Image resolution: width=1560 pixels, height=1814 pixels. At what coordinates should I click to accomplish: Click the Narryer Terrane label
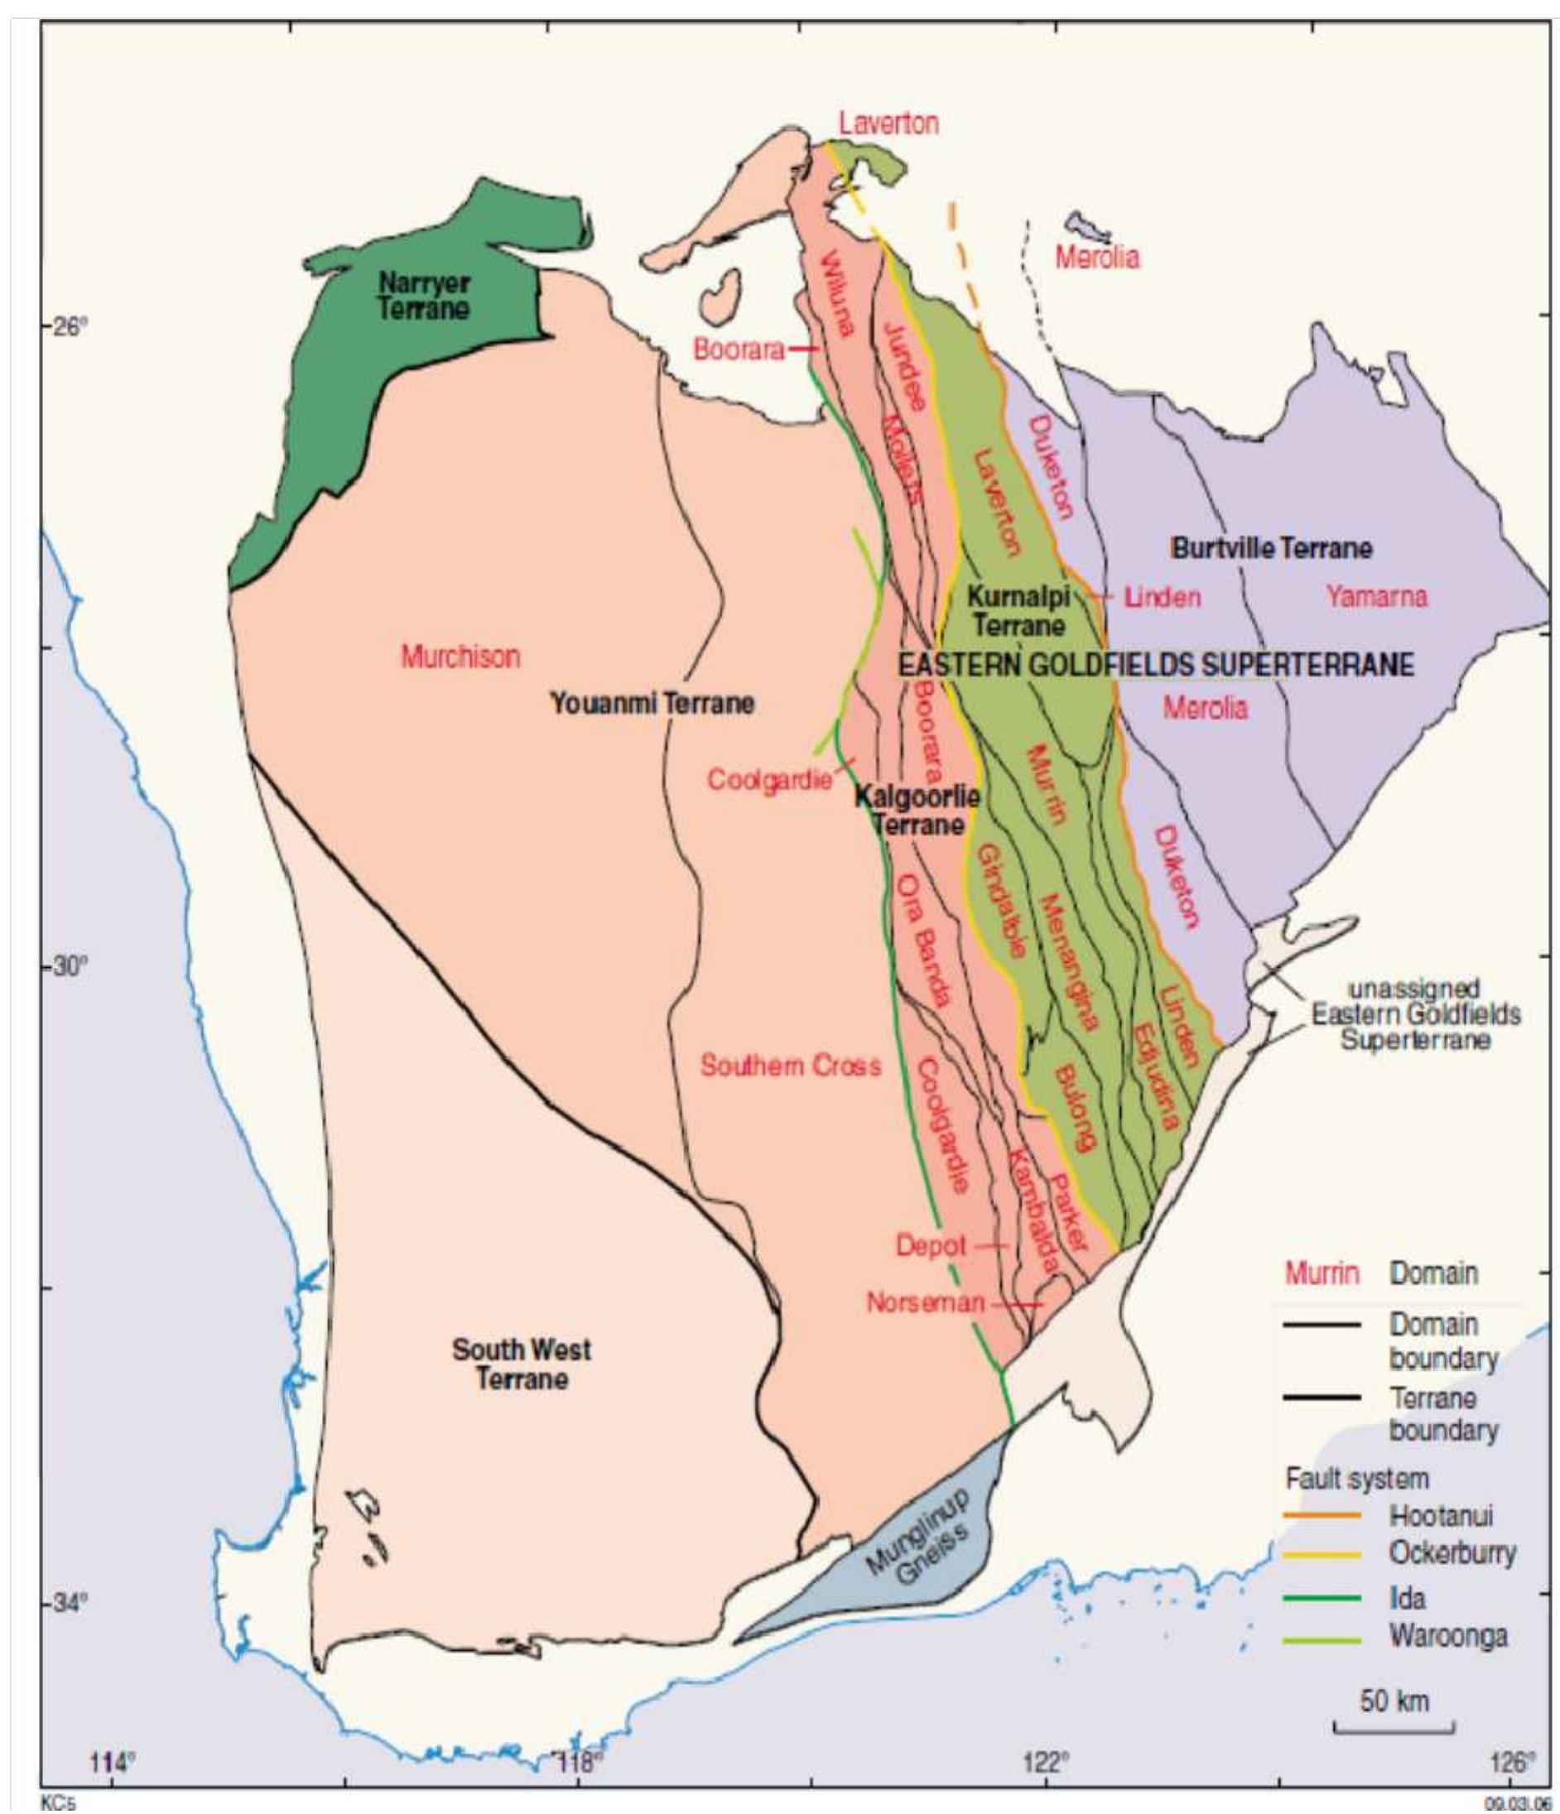(424, 295)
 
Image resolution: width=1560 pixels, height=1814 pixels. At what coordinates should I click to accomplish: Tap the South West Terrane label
(522, 1364)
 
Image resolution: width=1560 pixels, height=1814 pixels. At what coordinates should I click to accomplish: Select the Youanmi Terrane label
(652, 703)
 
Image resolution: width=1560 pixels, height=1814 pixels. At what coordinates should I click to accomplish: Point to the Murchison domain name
(460, 656)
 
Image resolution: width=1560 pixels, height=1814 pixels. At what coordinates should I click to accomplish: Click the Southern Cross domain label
(791, 1066)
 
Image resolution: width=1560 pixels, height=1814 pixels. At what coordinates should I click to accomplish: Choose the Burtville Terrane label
(1271, 549)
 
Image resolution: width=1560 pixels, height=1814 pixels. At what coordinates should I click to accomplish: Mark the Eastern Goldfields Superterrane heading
(1156, 665)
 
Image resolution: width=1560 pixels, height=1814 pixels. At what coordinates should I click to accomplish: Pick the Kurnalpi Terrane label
(1019, 611)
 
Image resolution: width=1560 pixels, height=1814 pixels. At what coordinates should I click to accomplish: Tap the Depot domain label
(931, 1246)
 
